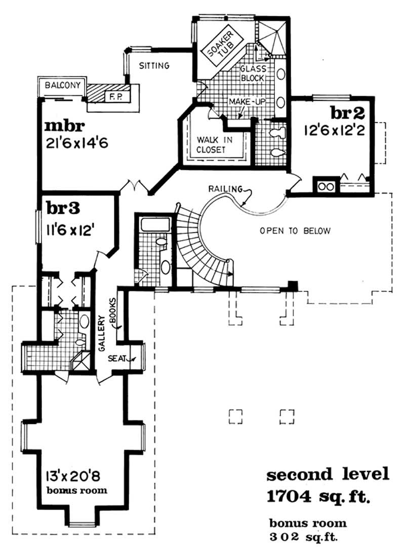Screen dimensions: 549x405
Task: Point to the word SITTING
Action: pyautogui.click(x=154, y=65)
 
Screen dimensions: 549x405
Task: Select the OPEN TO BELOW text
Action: pyautogui.click(x=295, y=231)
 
